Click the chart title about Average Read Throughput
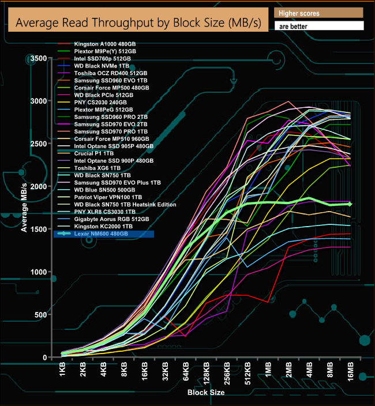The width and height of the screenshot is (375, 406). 138,23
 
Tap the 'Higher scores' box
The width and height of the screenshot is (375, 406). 319,13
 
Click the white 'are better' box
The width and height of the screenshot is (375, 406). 319,26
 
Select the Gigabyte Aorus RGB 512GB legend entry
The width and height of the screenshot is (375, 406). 111,220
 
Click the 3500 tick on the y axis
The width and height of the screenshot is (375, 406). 39,59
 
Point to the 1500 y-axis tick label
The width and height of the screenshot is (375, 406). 39,230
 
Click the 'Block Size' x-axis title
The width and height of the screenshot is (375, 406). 206,393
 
